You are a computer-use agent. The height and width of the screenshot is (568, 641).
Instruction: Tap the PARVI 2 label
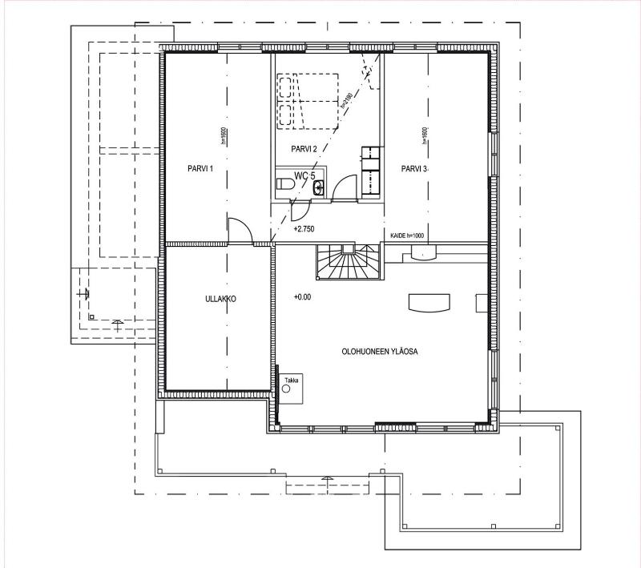(x=304, y=149)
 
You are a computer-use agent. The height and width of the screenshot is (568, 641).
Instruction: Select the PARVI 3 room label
(x=415, y=169)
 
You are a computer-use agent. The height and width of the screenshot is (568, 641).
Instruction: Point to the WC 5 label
(x=305, y=175)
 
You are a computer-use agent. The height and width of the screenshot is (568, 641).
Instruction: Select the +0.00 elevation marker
(x=302, y=297)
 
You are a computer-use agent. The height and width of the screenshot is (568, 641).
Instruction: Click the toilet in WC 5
(x=285, y=186)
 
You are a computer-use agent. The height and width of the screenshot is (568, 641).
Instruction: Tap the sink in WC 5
(x=320, y=187)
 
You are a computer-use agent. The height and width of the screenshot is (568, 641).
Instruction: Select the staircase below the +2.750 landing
(x=348, y=262)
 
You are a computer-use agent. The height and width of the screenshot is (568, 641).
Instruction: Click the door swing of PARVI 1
(x=239, y=229)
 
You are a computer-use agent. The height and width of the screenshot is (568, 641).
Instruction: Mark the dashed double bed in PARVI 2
(x=308, y=101)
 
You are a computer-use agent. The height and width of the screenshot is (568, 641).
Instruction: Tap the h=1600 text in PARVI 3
(x=424, y=137)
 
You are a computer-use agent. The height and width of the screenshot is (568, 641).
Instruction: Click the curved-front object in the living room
(x=429, y=301)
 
